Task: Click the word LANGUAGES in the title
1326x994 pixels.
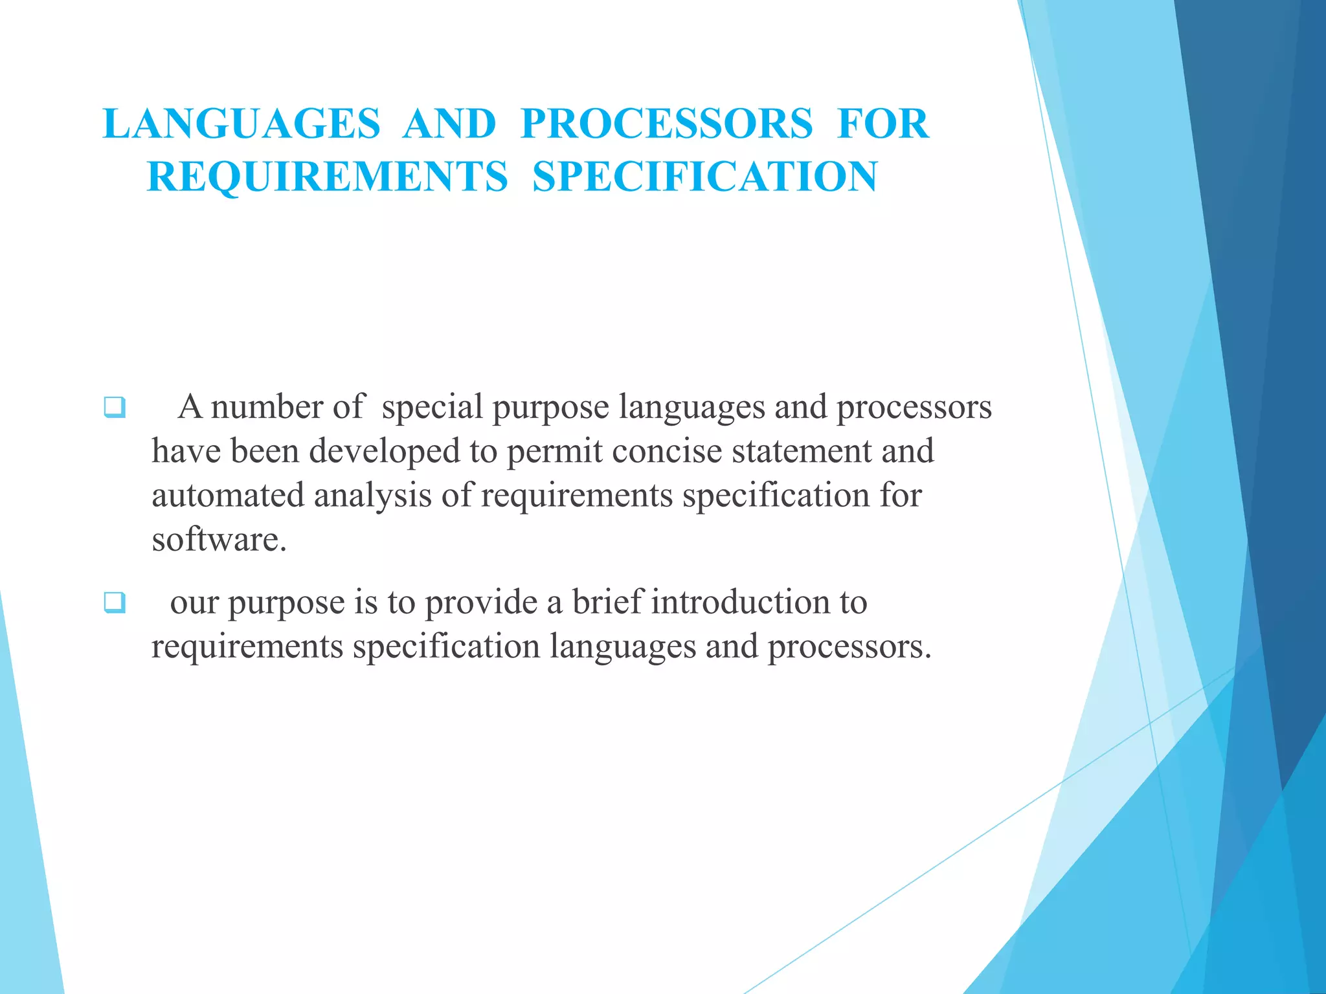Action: click(242, 124)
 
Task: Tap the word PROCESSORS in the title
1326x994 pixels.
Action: click(666, 124)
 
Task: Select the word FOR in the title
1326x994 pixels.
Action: click(883, 124)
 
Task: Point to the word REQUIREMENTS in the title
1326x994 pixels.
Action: click(328, 177)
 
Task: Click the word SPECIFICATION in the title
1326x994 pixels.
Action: click(705, 177)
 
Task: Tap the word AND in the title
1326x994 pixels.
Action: click(449, 124)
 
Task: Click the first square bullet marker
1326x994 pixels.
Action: click(114, 408)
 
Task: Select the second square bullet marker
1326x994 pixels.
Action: click(114, 603)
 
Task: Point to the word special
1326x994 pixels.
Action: click(432, 408)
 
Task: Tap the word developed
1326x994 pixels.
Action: click(385, 451)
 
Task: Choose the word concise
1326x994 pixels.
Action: click(666, 451)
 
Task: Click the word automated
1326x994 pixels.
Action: click(228, 496)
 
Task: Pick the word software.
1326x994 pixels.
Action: click(219, 540)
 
